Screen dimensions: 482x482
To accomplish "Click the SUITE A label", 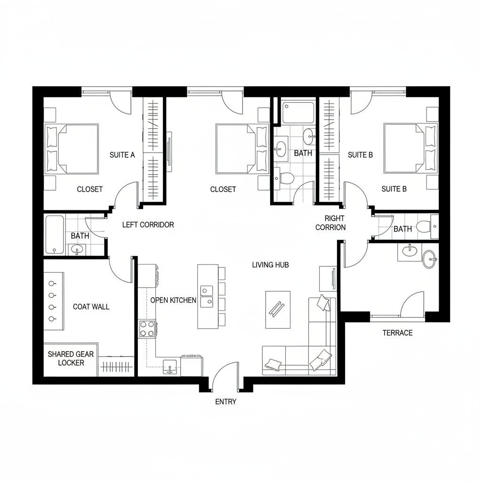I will [x=122, y=154].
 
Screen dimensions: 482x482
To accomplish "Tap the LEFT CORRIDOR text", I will [x=148, y=225].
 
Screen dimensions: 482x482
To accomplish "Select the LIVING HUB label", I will [x=270, y=265].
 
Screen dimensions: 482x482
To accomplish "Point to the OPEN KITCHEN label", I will [x=173, y=300].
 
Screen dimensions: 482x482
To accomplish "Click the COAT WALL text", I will [x=91, y=307].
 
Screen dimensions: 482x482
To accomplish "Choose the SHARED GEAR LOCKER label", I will [x=71, y=359].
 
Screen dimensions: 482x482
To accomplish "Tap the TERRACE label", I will [x=397, y=333].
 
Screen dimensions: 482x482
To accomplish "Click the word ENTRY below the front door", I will [x=225, y=402].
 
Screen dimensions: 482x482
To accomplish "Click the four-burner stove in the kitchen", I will [x=147, y=329].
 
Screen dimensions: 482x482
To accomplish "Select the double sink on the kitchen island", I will [x=207, y=296].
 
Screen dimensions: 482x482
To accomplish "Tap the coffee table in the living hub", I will [x=278, y=309].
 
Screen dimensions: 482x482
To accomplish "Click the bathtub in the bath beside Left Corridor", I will [x=55, y=234].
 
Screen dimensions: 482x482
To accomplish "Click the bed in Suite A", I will [x=72, y=149].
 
